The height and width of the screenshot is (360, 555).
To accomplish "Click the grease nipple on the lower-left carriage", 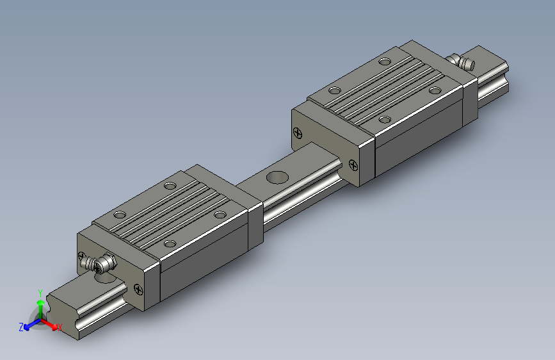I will pyautogui.click(x=102, y=263).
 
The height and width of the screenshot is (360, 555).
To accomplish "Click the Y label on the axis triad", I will pyautogui.click(x=40, y=291).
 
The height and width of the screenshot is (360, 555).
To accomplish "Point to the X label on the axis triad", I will pyautogui.click(x=60, y=327).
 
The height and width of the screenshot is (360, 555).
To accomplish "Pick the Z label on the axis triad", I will pyautogui.click(x=21, y=327).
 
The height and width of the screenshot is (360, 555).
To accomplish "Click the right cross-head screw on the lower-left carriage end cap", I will pyautogui.click(x=138, y=290).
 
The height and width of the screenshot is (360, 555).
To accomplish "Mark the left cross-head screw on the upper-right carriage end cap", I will pyautogui.click(x=296, y=133).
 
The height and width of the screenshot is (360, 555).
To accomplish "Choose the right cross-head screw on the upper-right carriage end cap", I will pyautogui.click(x=353, y=165).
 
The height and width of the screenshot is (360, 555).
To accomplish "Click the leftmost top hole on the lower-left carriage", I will pyautogui.click(x=119, y=215).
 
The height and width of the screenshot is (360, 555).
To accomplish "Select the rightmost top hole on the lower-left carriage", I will pyautogui.click(x=221, y=215).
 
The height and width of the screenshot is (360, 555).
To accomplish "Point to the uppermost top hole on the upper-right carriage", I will pyautogui.click(x=385, y=62).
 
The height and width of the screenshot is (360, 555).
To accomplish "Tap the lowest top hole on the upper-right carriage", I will pyautogui.click(x=385, y=119).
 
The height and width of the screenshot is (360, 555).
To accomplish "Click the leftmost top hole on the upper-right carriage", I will pyautogui.click(x=333, y=90).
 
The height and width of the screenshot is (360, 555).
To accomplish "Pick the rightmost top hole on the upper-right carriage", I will pyautogui.click(x=435, y=90).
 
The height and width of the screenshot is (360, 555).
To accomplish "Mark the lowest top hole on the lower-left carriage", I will pyautogui.click(x=170, y=243).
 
